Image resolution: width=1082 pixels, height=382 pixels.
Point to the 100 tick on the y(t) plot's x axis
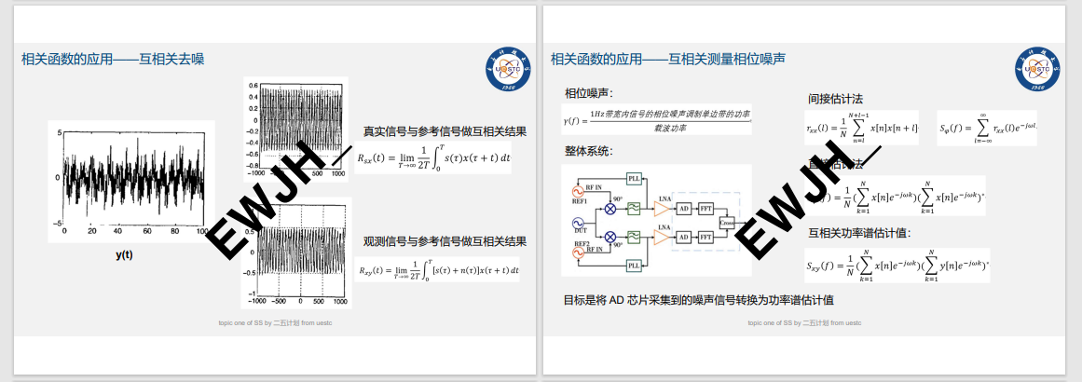[200, 230]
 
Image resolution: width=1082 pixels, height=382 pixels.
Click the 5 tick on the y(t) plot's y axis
[58, 132]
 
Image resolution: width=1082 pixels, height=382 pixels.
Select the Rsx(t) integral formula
[433, 160]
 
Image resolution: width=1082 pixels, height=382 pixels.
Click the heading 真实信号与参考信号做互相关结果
[445, 131]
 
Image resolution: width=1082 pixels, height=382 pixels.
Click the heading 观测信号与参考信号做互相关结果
[445, 241]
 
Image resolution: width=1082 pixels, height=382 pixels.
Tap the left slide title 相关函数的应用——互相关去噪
[113, 59]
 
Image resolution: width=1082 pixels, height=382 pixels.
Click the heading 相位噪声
[588, 93]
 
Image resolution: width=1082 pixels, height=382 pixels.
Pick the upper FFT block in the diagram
[706, 208]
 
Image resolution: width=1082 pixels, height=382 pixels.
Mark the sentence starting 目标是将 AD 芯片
[698, 300]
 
